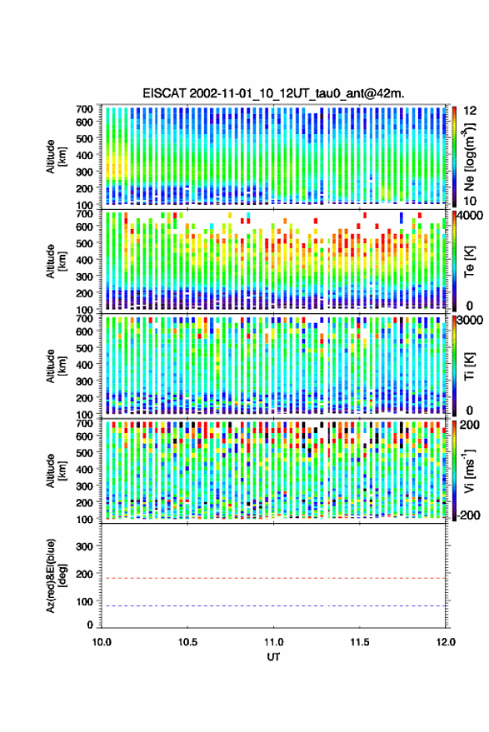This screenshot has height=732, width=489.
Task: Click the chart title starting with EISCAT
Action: pyautogui.click(x=273, y=93)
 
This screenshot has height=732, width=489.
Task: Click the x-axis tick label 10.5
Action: pyautogui.click(x=187, y=642)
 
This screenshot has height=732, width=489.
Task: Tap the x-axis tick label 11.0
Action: pyautogui.click(x=273, y=642)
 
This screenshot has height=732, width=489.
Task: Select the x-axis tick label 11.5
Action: pyautogui.click(x=359, y=642)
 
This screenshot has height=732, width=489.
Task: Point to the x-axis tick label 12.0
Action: pyautogui.click(x=446, y=642)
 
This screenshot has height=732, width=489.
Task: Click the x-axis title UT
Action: pyautogui.click(x=273, y=657)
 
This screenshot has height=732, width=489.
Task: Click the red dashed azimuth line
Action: pyautogui.click(x=273, y=578)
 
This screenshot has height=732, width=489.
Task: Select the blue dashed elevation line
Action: pyautogui.click(x=273, y=606)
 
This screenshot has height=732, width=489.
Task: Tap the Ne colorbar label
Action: pyautogui.click(x=469, y=157)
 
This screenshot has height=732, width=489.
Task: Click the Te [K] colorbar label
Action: pyautogui.click(x=469, y=261)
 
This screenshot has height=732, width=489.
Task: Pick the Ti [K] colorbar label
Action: pyautogui.click(x=469, y=366)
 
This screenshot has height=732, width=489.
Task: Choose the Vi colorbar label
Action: pyautogui.click(x=469, y=471)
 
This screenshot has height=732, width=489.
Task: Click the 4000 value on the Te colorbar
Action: pyautogui.click(x=471, y=215)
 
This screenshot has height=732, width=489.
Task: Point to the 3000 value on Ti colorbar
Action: pyautogui.click(x=471, y=320)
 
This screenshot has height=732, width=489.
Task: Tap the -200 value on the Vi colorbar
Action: pyautogui.click(x=469, y=515)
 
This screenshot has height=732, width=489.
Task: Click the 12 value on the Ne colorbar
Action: pyautogui.click(x=470, y=111)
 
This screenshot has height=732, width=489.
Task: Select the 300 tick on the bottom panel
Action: pyautogui.click(x=84, y=546)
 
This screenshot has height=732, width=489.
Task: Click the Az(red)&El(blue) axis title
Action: pyautogui.click(x=56, y=576)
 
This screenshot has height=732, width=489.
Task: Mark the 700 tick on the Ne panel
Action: pyautogui.click(x=84, y=109)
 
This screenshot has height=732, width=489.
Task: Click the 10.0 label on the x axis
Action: pyautogui.click(x=102, y=642)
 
